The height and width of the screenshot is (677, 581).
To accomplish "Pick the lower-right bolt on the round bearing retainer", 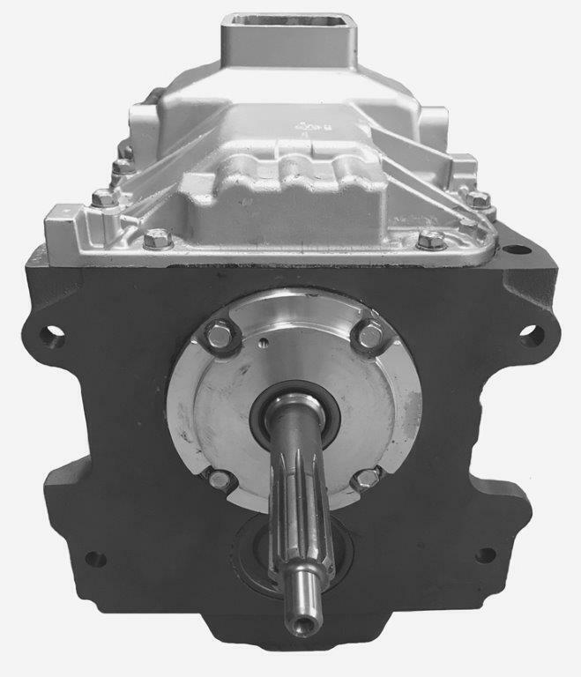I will pos(365,479).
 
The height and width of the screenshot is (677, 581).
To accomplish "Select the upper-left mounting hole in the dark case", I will pos(55,335).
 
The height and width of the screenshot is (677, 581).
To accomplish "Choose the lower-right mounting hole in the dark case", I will pos(484,556).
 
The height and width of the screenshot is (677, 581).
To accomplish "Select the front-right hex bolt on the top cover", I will pos(430,239).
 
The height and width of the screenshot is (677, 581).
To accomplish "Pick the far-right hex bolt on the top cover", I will pos(477,199).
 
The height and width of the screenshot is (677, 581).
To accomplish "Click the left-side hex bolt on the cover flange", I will pos(104,198).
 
